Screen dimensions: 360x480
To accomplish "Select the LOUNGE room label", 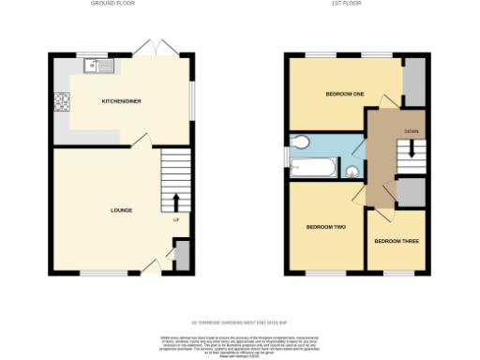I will tap(120, 209).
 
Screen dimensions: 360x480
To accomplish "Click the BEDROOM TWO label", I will tap(327, 228).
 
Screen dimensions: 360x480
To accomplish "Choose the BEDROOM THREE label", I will tap(397, 241).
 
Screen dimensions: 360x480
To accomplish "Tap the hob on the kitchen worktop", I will tap(62, 99).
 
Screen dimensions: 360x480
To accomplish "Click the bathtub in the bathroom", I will tap(311, 170).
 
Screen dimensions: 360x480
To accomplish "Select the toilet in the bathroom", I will tap(300, 142).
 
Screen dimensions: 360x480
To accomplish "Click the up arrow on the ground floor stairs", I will tap(176, 202).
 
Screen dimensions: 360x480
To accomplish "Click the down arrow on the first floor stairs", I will tap(412, 149).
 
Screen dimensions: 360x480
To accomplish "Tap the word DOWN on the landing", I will tap(412, 130).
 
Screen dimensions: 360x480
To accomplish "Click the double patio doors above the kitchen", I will tap(152, 46).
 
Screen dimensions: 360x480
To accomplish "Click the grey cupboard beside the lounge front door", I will tap(182, 253).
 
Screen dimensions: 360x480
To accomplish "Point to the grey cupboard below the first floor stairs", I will tap(410, 191).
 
